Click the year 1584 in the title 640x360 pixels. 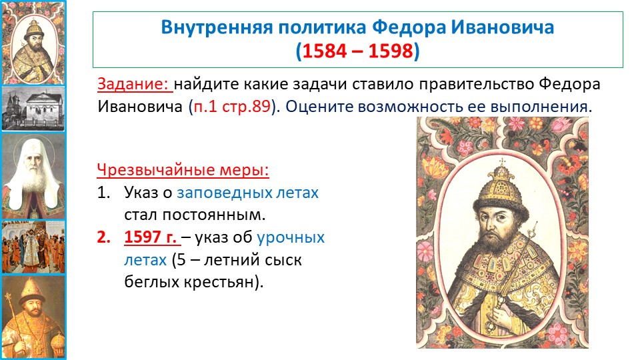326,51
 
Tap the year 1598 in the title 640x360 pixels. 391,51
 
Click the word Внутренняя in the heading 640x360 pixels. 217,27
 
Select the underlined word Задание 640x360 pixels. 133,84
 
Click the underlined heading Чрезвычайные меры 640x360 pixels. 183,170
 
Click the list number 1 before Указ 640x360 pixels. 103,192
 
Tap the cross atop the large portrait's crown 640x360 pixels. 502,162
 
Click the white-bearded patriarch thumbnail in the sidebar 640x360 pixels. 33,176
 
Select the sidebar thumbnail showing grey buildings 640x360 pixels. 33,108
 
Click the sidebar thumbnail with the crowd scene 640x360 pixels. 33,247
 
